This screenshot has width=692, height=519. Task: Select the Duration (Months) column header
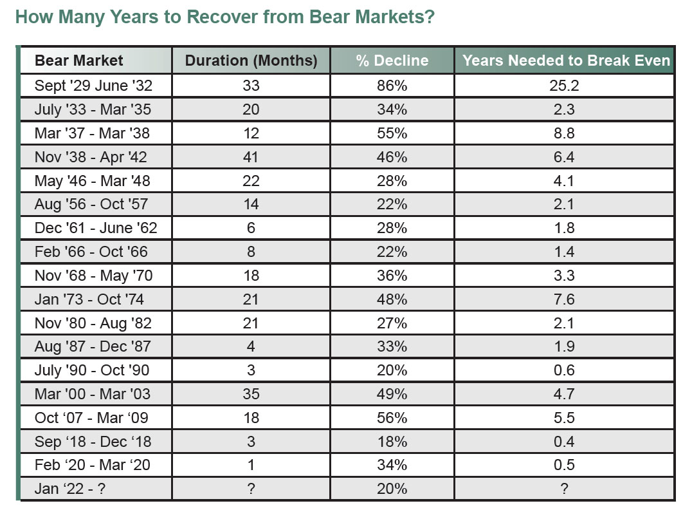pos(251,61)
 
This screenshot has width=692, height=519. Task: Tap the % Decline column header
pos(392,61)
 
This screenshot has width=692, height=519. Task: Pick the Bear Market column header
pos(78,61)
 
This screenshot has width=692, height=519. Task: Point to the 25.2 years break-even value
pos(564,86)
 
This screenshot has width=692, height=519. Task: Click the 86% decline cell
pos(392,86)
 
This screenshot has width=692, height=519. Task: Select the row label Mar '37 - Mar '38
pos(93,133)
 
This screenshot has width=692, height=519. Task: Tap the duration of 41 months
pos(251,157)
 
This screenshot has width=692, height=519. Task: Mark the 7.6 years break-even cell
pos(564,299)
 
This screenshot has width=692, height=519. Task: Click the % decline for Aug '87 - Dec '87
pos(392,346)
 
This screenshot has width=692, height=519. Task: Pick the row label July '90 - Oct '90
pos(92,370)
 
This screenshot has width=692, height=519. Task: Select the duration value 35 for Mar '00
pos(251,393)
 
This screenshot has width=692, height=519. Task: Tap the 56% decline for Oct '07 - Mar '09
pos(392,417)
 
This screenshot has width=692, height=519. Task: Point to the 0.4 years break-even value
pos(564,441)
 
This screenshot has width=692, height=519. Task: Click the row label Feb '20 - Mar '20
pos(92,465)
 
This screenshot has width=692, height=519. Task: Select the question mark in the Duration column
pos(251,489)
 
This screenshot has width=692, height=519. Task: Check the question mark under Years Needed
pos(564,489)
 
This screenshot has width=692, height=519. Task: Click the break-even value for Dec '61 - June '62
pos(564,228)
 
